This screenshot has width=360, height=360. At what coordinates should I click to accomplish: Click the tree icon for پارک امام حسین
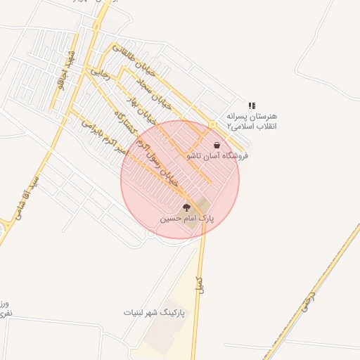(x=186, y=207)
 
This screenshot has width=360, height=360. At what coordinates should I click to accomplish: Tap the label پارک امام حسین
(x=187, y=219)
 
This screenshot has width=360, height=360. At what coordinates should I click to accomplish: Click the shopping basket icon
(x=217, y=145)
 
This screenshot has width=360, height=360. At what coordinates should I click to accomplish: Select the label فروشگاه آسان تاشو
(x=217, y=155)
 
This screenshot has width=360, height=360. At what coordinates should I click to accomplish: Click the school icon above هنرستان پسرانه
(x=252, y=105)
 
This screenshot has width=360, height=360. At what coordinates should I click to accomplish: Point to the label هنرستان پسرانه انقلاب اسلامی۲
(x=252, y=120)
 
